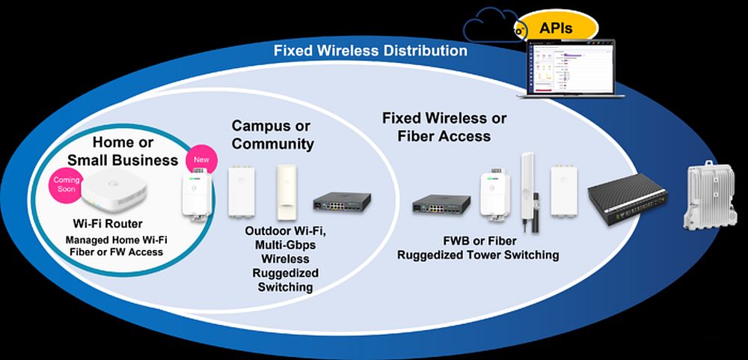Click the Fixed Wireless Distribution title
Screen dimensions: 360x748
pos(370,51)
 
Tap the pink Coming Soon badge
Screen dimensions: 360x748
pos(67,185)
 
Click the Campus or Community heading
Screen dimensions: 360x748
pos(272,135)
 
